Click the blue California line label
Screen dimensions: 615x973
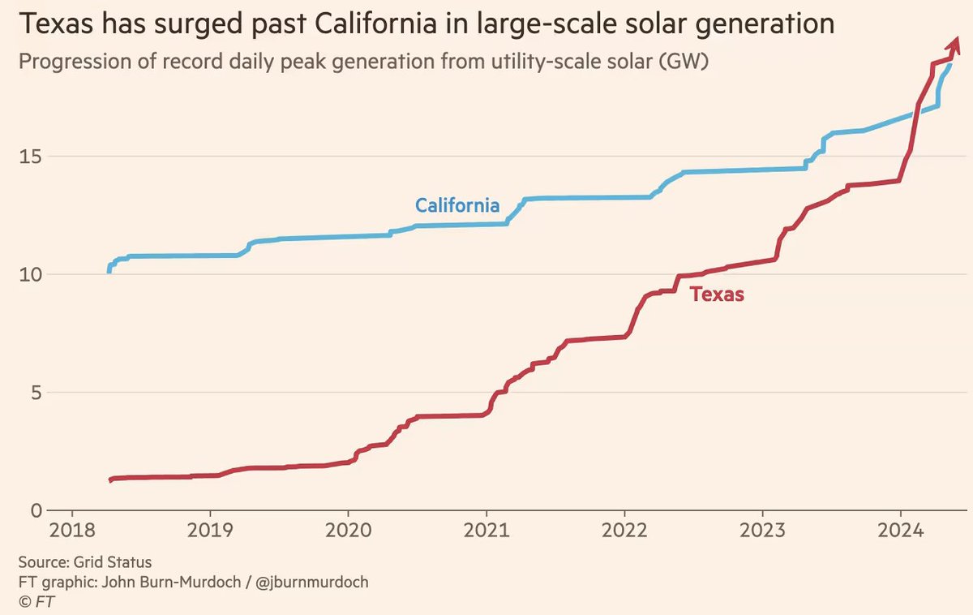457,205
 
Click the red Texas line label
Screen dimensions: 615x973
717,295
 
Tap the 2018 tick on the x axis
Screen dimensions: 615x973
72,531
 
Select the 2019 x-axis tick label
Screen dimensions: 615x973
210,531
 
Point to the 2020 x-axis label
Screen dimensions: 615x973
349,531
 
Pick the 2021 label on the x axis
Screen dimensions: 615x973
486,531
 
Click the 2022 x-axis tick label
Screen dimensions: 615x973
625,531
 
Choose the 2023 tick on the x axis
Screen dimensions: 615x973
763,531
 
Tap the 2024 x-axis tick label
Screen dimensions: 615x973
902,531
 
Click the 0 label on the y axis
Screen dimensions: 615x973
36,511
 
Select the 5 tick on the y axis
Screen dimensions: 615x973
36,393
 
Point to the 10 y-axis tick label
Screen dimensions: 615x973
32,274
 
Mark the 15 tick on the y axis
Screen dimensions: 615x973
32,156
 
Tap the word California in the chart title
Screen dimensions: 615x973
362,24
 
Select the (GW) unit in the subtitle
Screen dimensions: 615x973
684,62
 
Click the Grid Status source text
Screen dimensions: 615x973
114,561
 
